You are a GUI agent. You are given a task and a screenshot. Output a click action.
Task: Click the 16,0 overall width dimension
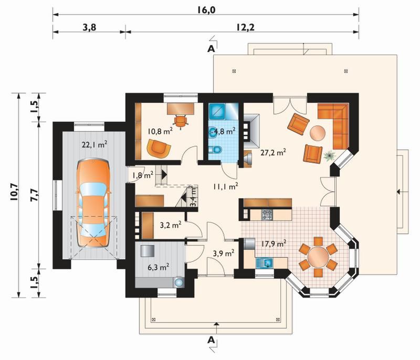(206, 10)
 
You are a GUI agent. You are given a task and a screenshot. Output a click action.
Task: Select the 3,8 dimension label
(89, 27)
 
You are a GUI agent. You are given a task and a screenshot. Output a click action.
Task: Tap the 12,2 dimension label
(245, 27)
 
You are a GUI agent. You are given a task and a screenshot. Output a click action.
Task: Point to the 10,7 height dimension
(14, 193)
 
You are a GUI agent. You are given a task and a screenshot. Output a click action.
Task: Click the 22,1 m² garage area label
(94, 144)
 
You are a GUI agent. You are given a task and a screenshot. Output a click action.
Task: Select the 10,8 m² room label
(160, 131)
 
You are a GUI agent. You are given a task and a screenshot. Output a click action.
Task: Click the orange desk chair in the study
(180, 121)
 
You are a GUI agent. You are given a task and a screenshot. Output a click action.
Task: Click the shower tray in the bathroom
(217, 111)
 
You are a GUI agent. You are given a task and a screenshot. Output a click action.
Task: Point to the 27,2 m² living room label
(273, 153)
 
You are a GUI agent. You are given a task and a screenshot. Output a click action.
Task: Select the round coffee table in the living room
(318, 133)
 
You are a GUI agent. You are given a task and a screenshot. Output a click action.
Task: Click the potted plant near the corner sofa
(329, 156)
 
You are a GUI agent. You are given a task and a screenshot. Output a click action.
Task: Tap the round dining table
(318, 256)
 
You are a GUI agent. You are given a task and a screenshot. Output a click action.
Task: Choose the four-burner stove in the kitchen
(267, 215)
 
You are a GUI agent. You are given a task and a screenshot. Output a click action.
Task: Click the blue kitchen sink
(265, 263)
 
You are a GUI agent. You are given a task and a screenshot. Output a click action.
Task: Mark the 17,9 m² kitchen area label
(273, 244)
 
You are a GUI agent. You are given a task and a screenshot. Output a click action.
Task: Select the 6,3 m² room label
(159, 267)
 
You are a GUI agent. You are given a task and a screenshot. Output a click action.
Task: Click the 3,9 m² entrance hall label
(224, 253)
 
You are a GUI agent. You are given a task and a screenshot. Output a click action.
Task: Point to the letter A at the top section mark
(212, 49)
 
